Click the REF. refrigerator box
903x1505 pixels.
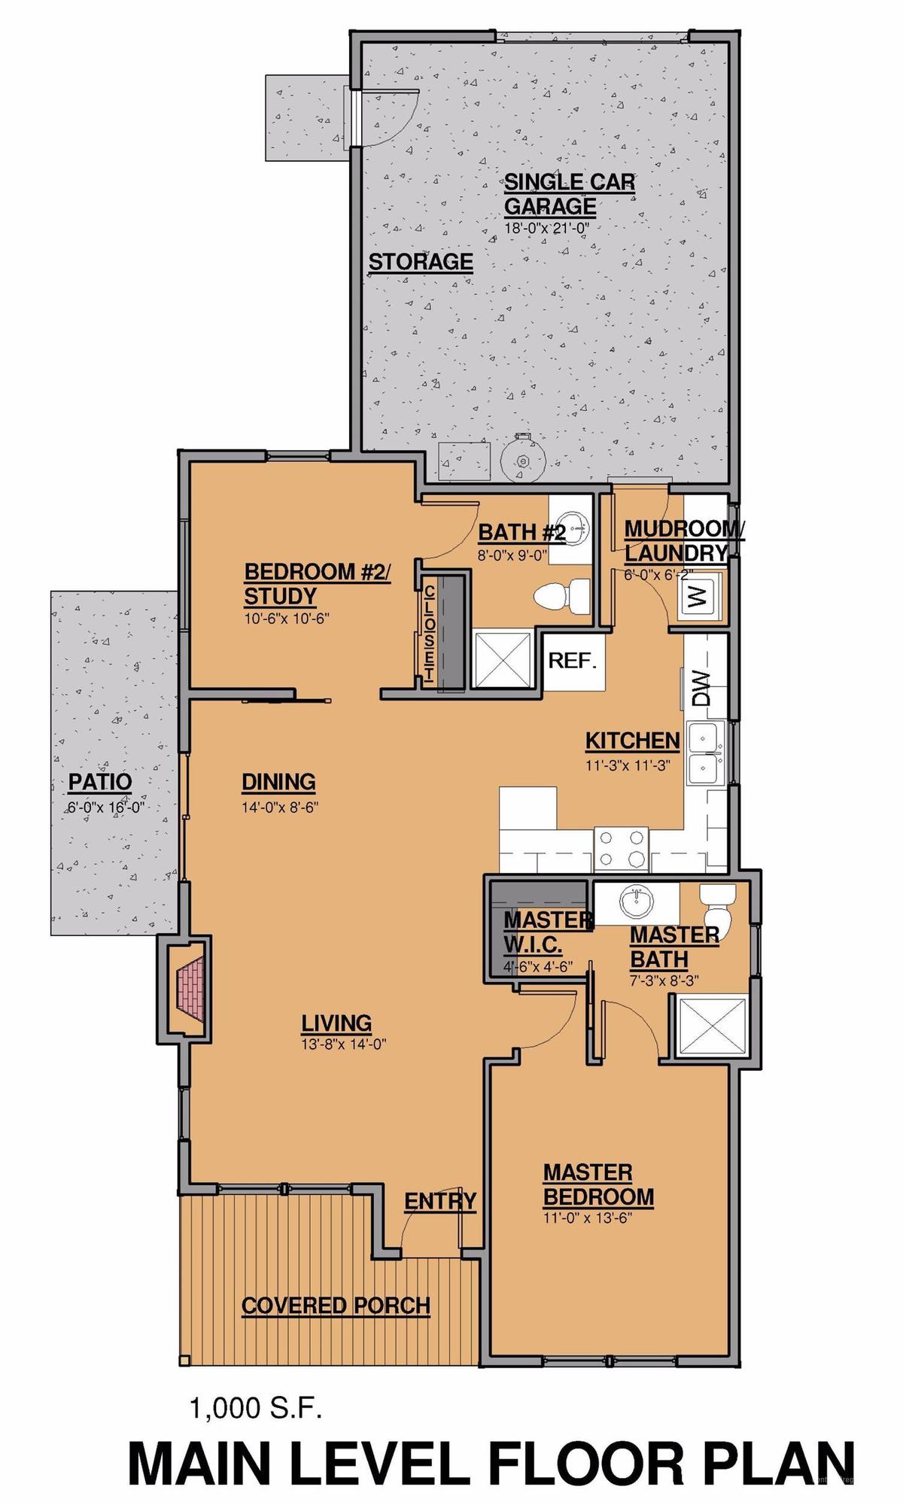pyautogui.click(x=573, y=661)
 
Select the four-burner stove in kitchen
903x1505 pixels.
pyautogui.click(x=622, y=847)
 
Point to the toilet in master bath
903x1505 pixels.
pyautogui.click(x=717, y=908)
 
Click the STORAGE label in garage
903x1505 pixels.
pyautogui.click(x=421, y=262)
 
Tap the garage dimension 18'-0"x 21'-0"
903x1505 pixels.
pyautogui.click(x=546, y=226)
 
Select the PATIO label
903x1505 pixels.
pyautogui.click(x=100, y=782)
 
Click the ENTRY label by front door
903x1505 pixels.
pyautogui.click(x=440, y=1201)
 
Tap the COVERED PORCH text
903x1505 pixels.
pyautogui.click(x=336, y=1306)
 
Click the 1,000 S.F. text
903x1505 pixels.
pyautogui.click(x=256, y=1407)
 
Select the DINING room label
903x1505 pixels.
pyautogui.click(x=278, y=782)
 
